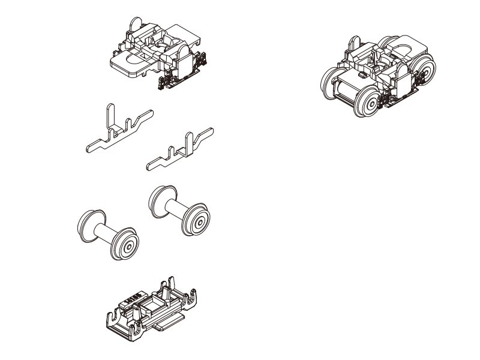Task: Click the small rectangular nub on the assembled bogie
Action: tap(361, 76)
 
